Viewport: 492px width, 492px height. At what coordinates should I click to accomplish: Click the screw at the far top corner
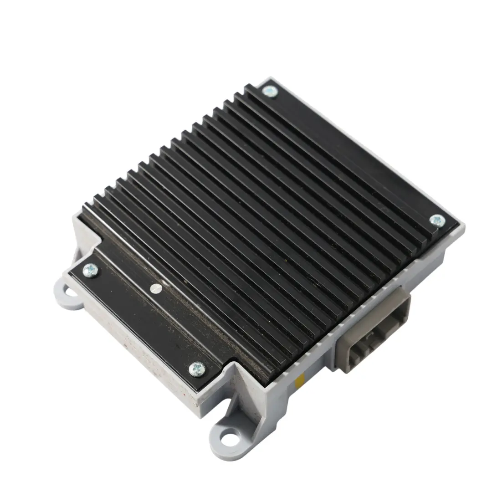click(x=270, y=92)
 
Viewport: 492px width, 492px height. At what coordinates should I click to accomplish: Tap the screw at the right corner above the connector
click(x=437, y=221)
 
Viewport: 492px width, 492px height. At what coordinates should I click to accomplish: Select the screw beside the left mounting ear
click(x=90, y=269)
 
